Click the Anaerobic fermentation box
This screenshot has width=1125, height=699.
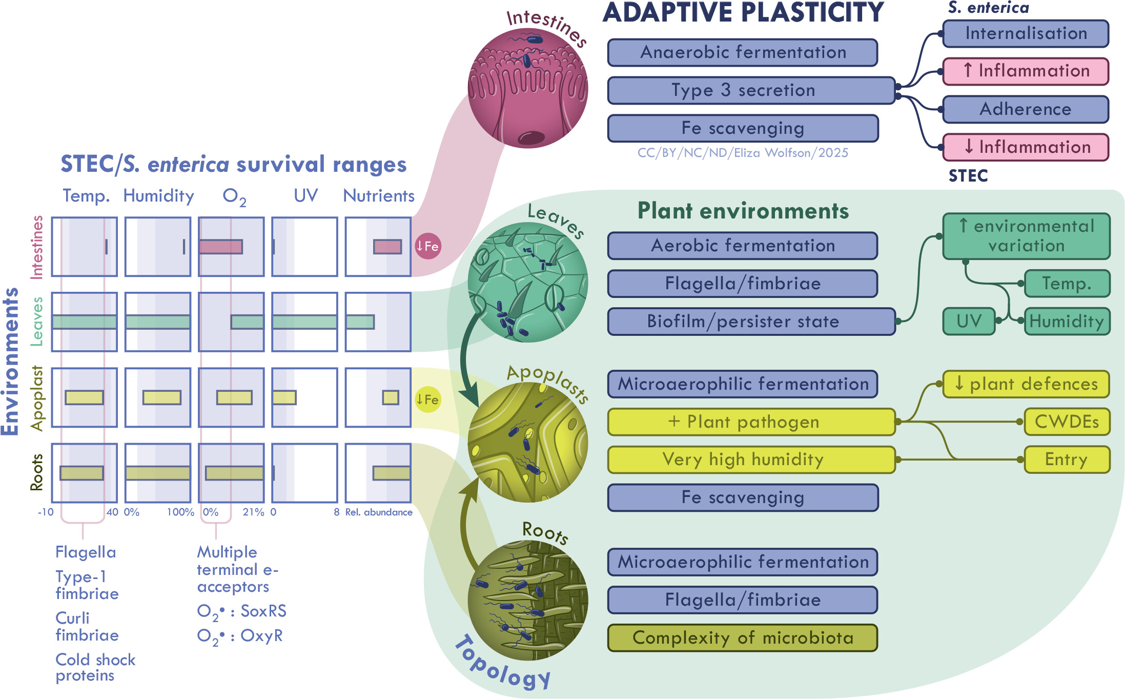(743, 52)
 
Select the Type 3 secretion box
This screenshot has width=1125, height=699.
(751, 90)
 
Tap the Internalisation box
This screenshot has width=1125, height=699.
(1026, 33)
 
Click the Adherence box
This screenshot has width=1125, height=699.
(1026, 109)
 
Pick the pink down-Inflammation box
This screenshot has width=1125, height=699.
(1026, 147)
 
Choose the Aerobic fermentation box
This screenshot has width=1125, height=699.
(743, 246)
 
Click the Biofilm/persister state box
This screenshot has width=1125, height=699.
(751, 322)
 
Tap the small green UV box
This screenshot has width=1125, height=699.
(969, 322)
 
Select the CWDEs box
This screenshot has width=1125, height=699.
(1067, 422)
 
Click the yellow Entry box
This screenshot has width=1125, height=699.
(1067, 460)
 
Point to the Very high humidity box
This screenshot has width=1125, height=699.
(751, 460)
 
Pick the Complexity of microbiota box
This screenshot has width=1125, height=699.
(743, 638)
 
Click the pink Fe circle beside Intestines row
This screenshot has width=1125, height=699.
(427, 246)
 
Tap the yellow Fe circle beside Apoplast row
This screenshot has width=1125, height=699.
(427, 399)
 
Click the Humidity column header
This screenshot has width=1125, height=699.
(158, 196)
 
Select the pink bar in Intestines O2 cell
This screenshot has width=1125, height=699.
(221, 247)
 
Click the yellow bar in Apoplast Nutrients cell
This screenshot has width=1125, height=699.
(391, 397)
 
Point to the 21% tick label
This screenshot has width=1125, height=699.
(253, 512)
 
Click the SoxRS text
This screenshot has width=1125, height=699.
(263, 611)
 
